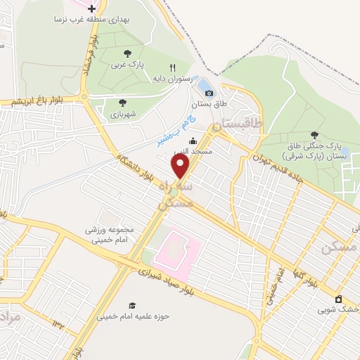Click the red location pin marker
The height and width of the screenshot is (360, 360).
coord(181,166)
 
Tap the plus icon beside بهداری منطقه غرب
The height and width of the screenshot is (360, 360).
coord(91,8)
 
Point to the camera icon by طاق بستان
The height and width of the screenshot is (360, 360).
coord(209,93)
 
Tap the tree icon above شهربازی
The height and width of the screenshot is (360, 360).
coord(122,101)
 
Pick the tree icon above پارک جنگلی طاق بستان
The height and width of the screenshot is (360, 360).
coord(314,135)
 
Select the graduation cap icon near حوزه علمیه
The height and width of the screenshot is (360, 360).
coord(131,304)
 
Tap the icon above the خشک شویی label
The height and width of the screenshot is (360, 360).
coord(339,299)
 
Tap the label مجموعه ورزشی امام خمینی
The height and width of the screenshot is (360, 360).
coord(109,235)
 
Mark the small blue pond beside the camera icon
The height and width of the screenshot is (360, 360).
coord(204,87)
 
